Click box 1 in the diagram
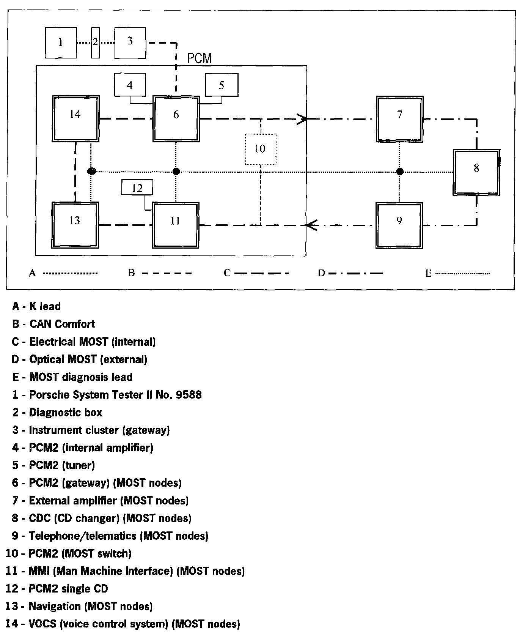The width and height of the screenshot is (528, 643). point(60,42)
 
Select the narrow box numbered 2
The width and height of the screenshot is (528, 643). point(95,42)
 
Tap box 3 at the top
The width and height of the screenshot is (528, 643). point(130,43)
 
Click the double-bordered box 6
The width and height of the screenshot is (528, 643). point(176,119)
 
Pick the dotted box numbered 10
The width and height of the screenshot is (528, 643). point(260,149)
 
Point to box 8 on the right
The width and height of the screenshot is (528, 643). point(476,172)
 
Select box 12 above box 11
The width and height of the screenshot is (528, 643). point(137,188)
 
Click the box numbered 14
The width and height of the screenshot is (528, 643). point(75,119)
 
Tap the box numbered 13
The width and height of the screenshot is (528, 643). point(75,225)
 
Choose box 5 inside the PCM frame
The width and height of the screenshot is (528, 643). point(222,85)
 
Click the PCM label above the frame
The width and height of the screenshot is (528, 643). point(200,58)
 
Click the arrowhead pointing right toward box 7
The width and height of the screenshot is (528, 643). point(302,119)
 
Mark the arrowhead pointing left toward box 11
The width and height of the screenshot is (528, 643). point(311,225)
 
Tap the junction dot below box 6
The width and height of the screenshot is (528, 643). point(176,172)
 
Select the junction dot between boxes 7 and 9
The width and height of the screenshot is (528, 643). point(399,172)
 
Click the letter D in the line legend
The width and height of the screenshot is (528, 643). point(321,273)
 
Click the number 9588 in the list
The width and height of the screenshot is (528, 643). point(189,395)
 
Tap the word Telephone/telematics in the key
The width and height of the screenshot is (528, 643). point(82,536)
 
